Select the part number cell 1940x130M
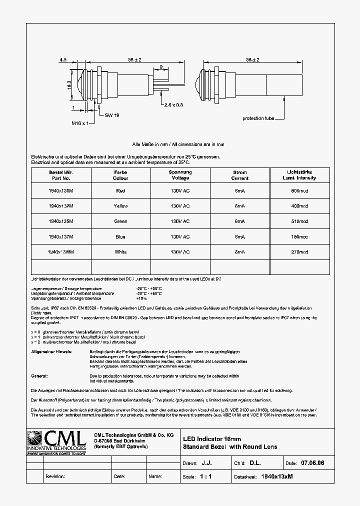coord(61,190)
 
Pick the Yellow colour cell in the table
coord(120,206)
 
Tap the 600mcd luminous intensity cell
coord(299,190)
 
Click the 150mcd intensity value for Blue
coord(299,236)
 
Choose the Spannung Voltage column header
coord(180,175)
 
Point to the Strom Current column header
coord(240,175)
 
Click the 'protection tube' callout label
coord(258,118)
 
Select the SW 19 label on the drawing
coord(111,115)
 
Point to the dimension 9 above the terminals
coord(160,66)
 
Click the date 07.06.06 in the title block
coord(312,463)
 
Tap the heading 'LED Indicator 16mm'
coord(211,438)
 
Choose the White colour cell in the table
coord(120,252)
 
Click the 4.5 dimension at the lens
coord(63,60)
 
